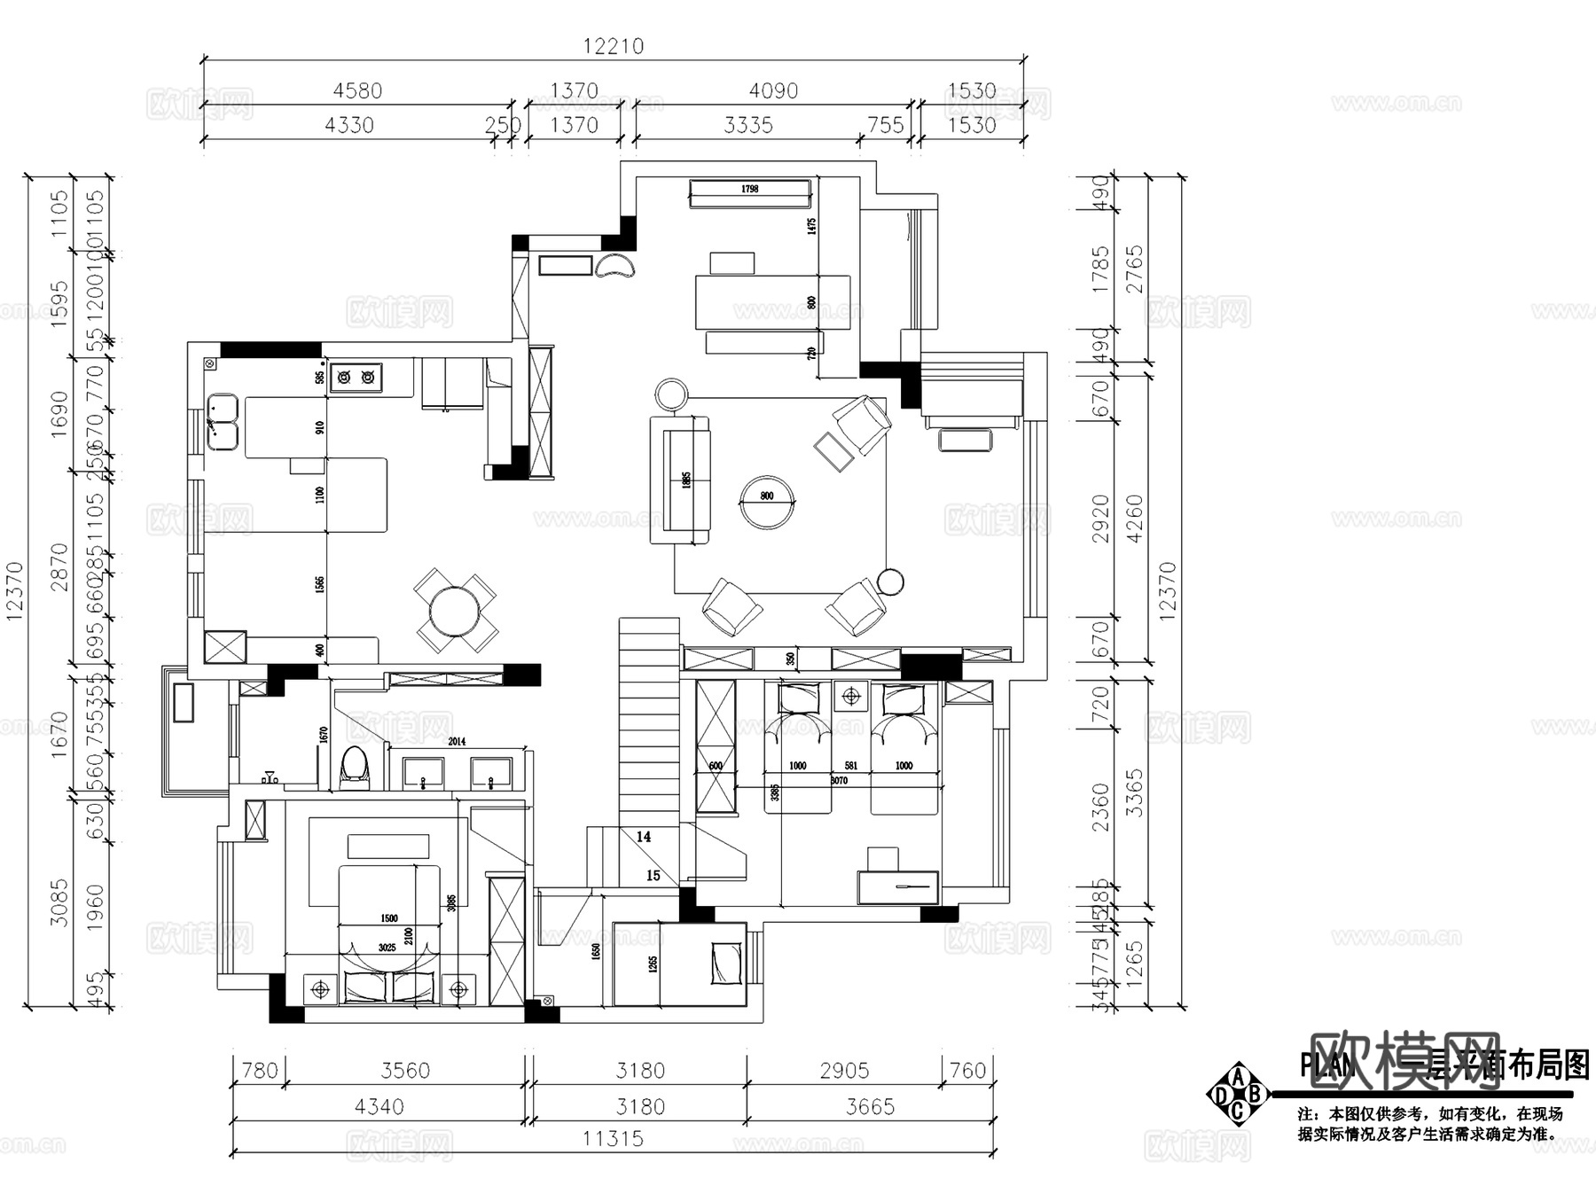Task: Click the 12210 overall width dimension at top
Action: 613,46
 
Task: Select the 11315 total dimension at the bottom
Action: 613,1138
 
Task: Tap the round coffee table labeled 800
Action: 767,503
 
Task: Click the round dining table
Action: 455,612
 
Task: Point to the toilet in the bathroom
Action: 355,768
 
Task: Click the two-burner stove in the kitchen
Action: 356,377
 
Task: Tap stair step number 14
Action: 644,836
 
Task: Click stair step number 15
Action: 653,875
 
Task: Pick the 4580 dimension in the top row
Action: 357,90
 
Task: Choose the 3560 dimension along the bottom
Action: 405,1070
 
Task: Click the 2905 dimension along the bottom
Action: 844,1070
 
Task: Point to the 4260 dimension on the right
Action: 1134,519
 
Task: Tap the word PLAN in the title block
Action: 1327,1065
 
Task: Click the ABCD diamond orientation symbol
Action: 1239,1095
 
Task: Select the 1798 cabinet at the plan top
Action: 750,192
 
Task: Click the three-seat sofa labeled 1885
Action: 681,480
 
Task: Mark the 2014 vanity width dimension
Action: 457,742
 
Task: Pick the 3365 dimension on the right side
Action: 1134,792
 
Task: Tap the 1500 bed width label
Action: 388,918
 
